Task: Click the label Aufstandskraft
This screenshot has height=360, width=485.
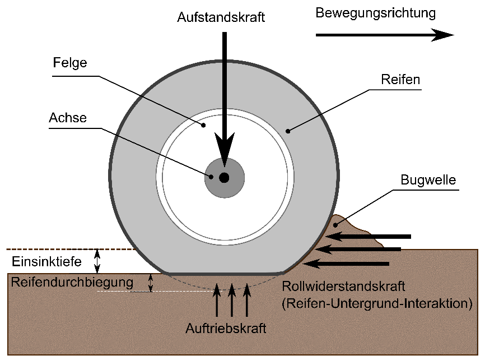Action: (x=221, y=17)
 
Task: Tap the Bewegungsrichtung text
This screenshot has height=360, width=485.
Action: (x=375, y=13)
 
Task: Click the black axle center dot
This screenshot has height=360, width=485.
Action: (x=224, y=178)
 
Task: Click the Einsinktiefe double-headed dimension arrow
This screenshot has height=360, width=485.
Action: (x=98, y=260)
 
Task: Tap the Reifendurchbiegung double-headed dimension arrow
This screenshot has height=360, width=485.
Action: (x=150, y=283)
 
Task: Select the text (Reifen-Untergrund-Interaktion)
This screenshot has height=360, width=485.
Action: (x=377, y=304)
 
